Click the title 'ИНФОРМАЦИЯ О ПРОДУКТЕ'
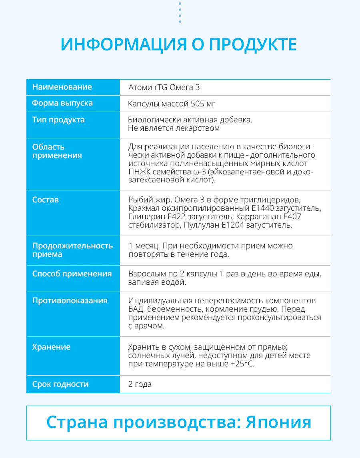click(x=179, y=44)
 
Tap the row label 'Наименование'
click(x=62, y=87)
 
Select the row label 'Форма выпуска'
click(x=62, y=103)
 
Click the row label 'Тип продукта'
click(x=58, y=120)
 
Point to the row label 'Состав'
click(x=45, y=200)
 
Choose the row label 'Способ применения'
click(x=72, y=274)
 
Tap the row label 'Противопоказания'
click(x=70, y=300)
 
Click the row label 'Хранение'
click(x=51, y=347)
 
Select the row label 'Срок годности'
click(x=60, y=384)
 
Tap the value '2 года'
click(x=140, y=384)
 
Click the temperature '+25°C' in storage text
click(x=242, y=364)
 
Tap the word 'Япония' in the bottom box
click(x=278, y=422)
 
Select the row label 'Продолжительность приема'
click(x=72, y=250)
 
